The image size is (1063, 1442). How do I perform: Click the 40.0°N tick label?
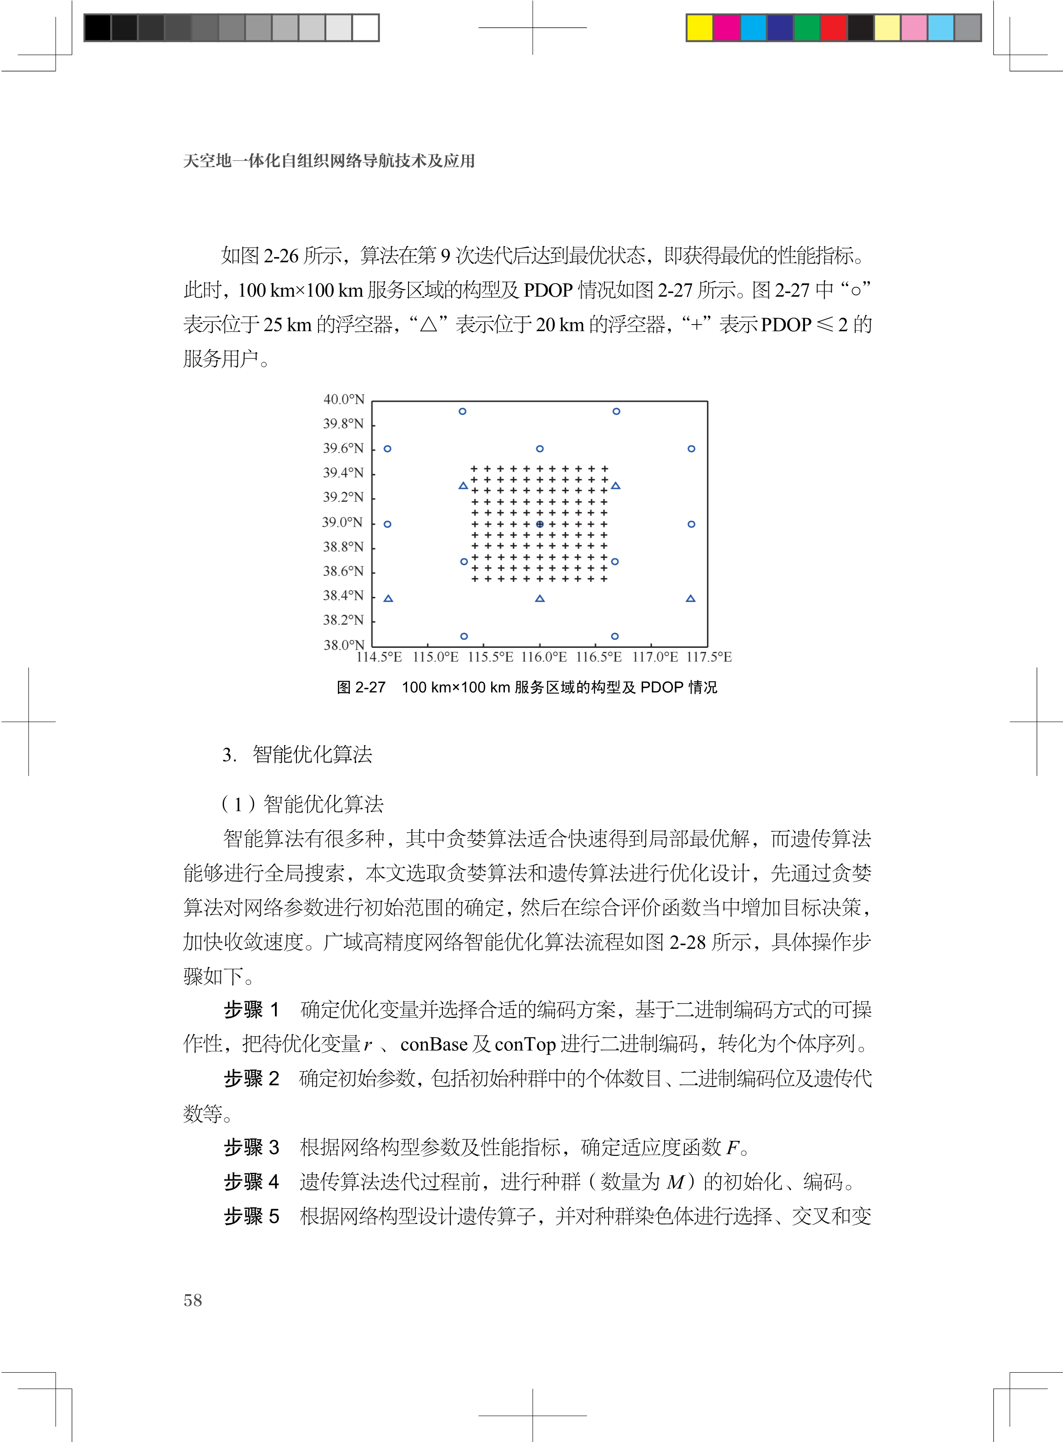(x=344, y=399)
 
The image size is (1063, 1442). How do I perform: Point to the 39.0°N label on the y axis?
(x=342, y=522)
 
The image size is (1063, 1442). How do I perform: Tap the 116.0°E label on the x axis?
(x=544, y=657)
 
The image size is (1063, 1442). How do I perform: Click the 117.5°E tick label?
(x=709, y=657)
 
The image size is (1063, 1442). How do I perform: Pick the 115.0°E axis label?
(x=436, y=657)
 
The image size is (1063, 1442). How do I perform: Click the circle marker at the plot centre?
(x=540, y=524)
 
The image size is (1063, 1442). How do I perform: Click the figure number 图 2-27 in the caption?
(x=361, y=687)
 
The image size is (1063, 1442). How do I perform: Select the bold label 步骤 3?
(x=252, y=1147)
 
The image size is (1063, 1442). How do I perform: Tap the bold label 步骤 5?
(x=252, y=1216)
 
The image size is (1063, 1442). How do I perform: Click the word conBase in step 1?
(x=434, y=1044)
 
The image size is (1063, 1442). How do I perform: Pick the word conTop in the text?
(x=525, y=1044)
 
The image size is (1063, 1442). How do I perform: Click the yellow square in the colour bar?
(x=699, y=28)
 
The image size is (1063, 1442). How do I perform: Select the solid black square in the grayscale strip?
(x=97, y=28)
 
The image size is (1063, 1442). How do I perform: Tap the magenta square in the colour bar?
(x=727, y=28)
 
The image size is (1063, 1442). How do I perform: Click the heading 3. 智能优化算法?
(x=297, y=755)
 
